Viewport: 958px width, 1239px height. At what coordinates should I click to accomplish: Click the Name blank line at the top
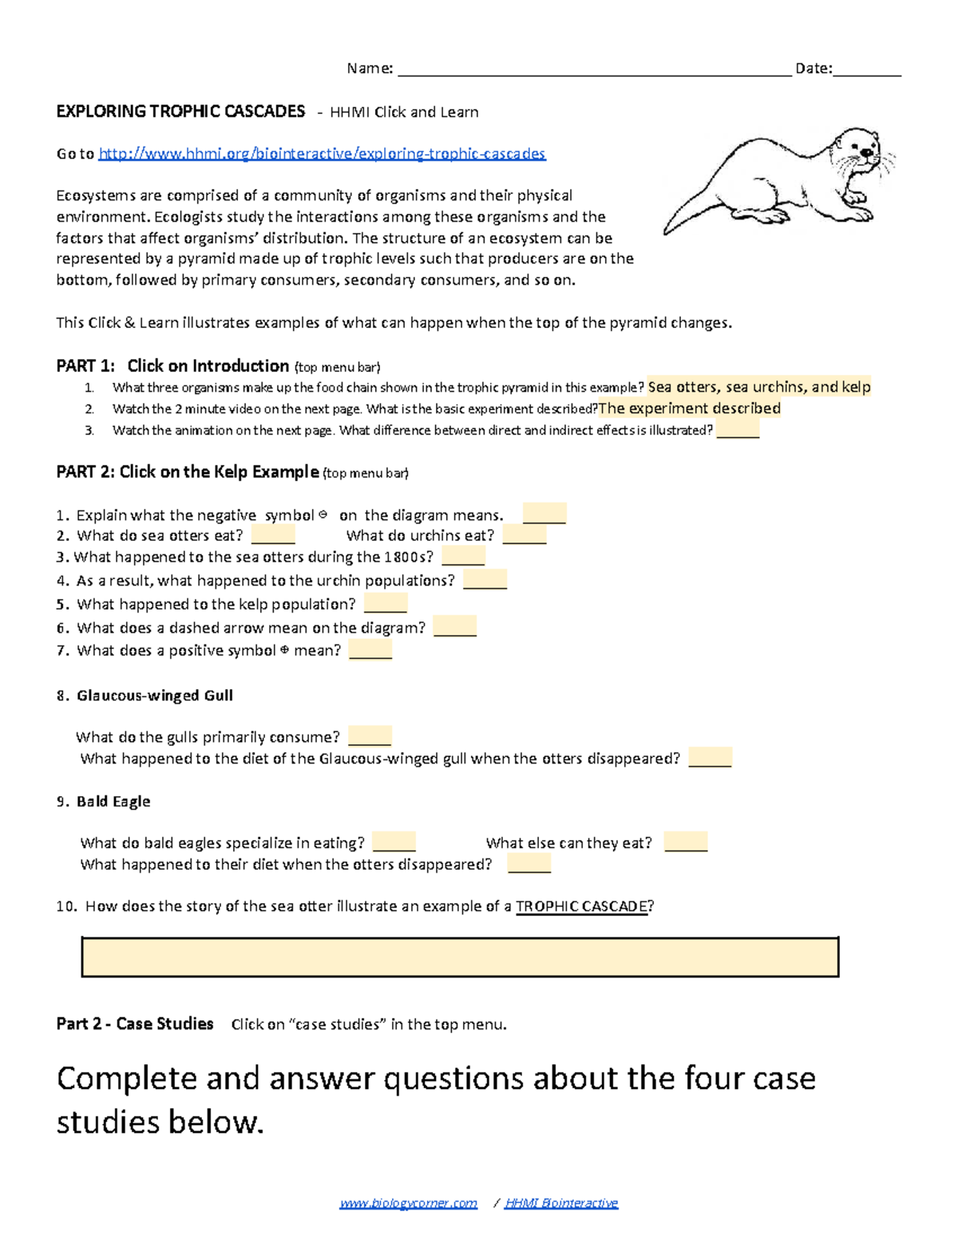coord(595,70)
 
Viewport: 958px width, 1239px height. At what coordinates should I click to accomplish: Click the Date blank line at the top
coord(866,70)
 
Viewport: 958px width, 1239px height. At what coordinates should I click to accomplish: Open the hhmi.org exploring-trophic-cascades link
coord(322,153)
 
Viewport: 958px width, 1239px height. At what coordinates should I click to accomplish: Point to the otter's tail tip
coord(667,231)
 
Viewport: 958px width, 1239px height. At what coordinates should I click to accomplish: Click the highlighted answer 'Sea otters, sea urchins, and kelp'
coord(758,387)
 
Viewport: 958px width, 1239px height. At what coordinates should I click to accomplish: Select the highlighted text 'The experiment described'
coord(690,408)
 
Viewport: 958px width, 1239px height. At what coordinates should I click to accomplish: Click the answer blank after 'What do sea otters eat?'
coord(273,535)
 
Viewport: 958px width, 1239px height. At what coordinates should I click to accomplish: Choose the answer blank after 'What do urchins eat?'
coord(525,535)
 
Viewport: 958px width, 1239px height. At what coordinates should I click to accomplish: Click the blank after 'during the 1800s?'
coord(463,557)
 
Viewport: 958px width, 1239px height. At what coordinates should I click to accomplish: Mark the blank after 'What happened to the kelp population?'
coord(386,604)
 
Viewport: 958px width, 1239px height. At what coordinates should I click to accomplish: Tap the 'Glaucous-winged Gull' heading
coord(155,696)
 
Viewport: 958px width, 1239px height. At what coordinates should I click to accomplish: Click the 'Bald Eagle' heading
coord(113,802)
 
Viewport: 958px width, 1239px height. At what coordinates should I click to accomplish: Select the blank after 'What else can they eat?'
coord(686,842)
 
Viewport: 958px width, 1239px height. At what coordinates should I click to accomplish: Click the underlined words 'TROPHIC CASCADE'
coord(582,906)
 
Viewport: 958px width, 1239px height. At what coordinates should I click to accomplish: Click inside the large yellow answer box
coord(460,957)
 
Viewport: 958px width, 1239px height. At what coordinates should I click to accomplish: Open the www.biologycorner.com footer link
coord(409,1203)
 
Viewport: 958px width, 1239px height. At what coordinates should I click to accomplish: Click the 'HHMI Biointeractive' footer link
coord(561,1203)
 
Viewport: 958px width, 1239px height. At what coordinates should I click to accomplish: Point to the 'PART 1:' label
coord(86,366)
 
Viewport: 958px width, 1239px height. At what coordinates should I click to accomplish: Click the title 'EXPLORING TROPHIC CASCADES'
coord(180,112)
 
